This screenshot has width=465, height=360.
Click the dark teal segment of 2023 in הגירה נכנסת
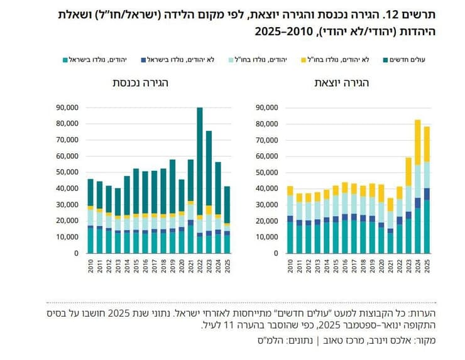click(x=209, y=170)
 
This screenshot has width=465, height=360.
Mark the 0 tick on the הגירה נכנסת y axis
click(x=75, y=253)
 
